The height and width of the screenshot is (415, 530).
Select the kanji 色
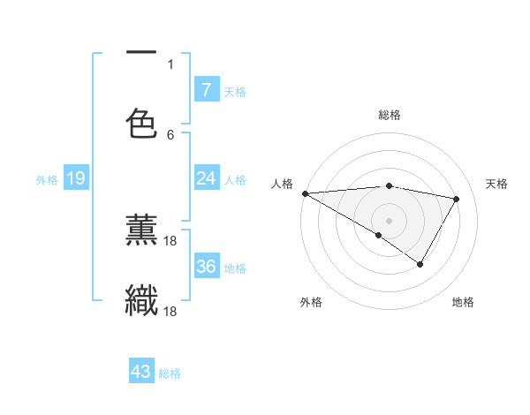click(141, 123)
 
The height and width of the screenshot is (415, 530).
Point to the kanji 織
click(141, 300)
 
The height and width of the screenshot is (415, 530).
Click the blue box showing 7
click(206, 89)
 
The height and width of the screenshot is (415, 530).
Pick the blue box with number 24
click(206, 178)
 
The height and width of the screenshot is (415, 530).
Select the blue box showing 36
click(206, 267)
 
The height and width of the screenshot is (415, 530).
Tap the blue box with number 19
click(75, 179)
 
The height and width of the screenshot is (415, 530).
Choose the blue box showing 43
click(141, 372)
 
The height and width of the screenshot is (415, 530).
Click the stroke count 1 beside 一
click(170, 64)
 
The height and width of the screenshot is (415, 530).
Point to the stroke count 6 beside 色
click(170, 134)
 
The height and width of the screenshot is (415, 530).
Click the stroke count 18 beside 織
click(171, 311)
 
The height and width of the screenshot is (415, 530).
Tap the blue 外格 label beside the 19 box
click(47, 180)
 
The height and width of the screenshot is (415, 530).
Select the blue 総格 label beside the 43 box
click(170, 373)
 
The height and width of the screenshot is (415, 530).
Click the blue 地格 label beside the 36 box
click(235, 268)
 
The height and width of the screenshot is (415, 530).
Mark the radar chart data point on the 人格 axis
click(305, 193)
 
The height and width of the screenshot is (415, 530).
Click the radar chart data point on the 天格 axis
click(457, 199)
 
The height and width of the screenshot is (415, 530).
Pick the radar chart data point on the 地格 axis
click(420, 264)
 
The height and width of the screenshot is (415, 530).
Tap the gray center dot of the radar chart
click(389, 220)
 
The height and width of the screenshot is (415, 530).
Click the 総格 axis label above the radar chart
click(390, 115)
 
